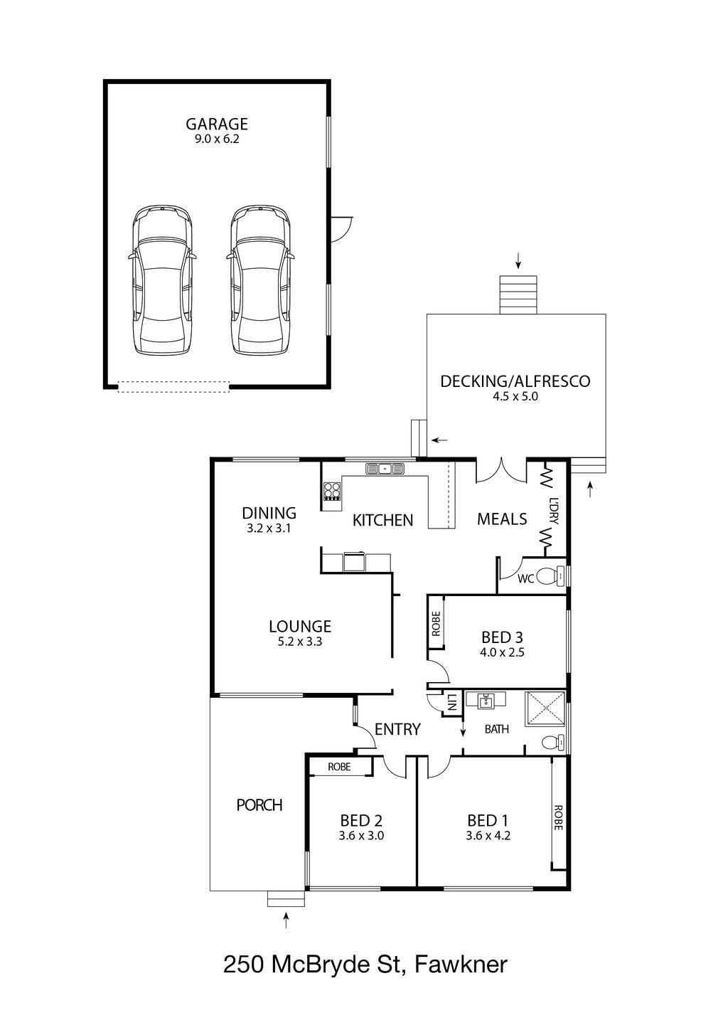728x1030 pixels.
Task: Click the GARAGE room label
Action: [216, 124]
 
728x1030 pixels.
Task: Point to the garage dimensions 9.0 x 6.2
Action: [216, 139]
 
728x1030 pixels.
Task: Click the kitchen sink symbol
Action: [385, 469]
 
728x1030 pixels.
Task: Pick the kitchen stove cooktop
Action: [332, 491]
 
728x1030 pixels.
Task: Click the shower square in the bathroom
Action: [545, 709]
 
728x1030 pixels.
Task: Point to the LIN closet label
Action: [452, 701]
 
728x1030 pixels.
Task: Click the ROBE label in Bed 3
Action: [436, 624]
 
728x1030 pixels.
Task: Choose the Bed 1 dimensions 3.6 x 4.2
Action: [488, 836]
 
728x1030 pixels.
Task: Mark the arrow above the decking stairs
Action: [518, 260]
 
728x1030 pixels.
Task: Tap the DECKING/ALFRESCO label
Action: [515, 381]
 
